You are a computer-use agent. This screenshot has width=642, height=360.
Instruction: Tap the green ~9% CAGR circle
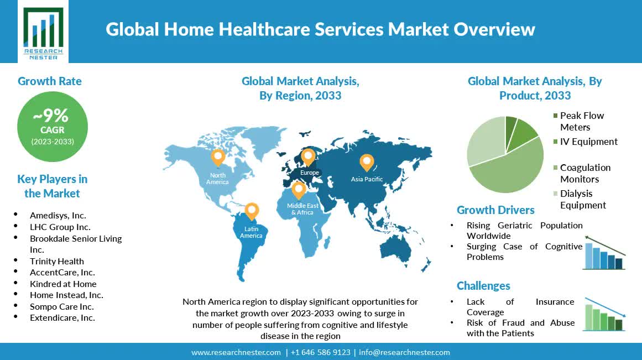point(53,127)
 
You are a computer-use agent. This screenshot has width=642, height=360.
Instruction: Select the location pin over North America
point(218,157)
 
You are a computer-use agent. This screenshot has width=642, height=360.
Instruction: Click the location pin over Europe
point(308,157)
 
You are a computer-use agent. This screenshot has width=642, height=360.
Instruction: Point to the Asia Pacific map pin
point(367,163)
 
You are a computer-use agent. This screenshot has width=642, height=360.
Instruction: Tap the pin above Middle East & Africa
point(299,190)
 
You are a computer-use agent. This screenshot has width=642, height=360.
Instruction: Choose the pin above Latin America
point(252,211)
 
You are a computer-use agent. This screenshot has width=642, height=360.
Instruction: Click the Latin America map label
point(251,232)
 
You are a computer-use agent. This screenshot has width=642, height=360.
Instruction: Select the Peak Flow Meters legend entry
point(578,121)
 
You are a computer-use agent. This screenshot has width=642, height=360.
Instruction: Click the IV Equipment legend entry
point(586,142)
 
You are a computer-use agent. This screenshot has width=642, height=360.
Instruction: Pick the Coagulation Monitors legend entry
point(582,173)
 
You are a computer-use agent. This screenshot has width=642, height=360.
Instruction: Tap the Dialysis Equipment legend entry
point(580,200)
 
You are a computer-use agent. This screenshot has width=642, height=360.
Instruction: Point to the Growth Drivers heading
point(495,210)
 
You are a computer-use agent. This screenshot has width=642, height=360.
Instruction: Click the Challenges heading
point(483,286)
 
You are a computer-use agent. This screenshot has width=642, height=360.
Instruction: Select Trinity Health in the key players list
point(57,262)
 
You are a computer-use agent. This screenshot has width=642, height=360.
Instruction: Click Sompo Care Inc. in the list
point(62,307)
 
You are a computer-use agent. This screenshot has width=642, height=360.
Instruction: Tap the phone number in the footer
point(321,353)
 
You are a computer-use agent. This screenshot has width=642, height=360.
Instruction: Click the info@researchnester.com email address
point(405,353)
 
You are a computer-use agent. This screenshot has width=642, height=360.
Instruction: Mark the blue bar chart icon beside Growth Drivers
point(604,253)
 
